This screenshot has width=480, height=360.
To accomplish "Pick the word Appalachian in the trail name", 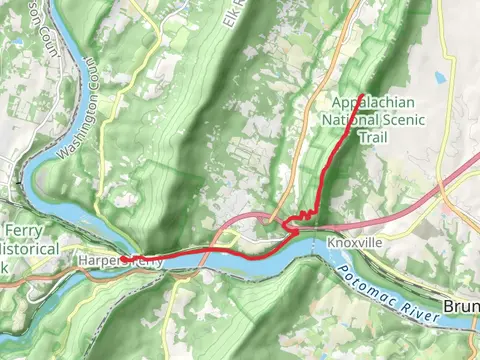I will pos(375,103).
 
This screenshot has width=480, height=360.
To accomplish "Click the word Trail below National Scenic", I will pos(375,137).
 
